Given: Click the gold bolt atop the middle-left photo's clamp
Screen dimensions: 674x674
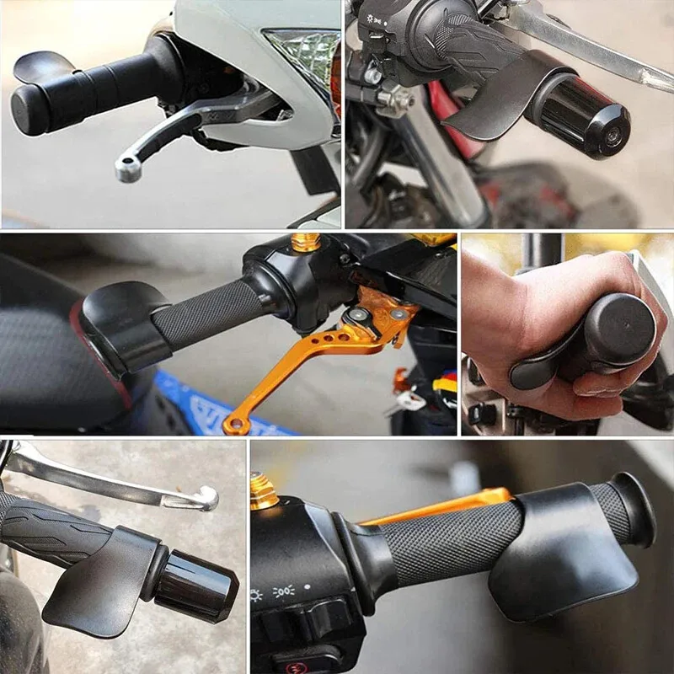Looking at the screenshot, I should point(306,242).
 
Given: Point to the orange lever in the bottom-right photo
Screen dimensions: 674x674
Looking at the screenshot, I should point(438,505).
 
